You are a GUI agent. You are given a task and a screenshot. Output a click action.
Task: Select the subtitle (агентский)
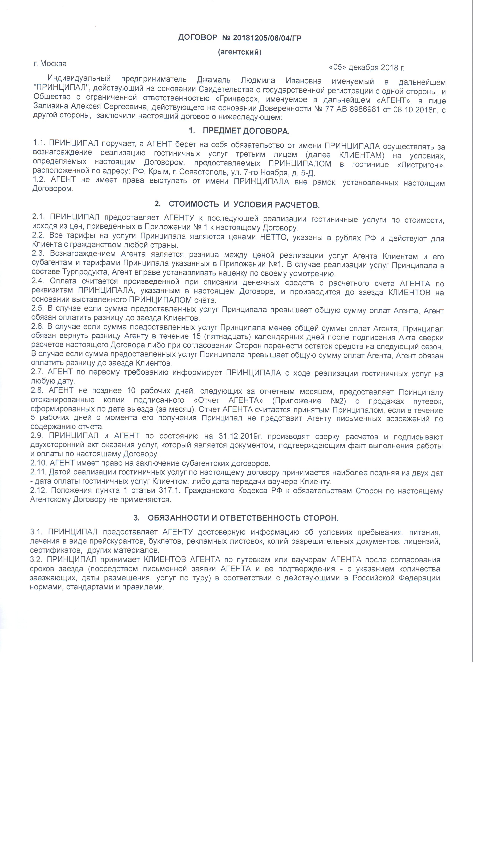click(240, 52)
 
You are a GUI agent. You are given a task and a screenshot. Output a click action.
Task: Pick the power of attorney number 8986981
click(365, 109)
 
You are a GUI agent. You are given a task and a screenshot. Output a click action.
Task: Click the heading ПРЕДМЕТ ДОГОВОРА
click(246, 131)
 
